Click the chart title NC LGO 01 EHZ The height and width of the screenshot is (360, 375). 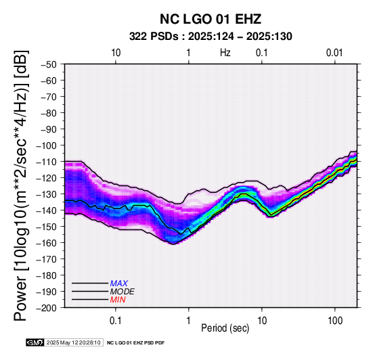211,19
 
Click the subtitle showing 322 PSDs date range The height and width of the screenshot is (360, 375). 211,37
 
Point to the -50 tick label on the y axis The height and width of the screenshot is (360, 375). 49,64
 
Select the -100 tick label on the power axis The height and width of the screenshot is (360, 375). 47,145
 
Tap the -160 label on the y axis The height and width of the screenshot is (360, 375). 47,243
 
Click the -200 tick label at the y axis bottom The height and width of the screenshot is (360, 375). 47,308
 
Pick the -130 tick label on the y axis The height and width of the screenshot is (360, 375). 47,194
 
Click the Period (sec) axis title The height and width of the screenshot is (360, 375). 225,328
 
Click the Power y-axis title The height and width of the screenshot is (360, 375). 21,185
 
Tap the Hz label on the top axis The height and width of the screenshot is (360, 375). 225,53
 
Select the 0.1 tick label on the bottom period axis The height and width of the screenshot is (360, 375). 116,321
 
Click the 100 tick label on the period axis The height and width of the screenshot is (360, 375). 335,321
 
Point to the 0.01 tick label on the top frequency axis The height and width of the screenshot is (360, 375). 334,53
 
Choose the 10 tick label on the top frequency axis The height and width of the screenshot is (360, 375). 116,53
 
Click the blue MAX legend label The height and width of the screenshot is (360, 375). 119,284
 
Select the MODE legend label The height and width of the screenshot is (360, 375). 123,292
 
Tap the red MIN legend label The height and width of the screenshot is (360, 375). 118,300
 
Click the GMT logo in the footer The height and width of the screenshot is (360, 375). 35,342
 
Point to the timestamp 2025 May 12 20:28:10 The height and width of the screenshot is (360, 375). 73,342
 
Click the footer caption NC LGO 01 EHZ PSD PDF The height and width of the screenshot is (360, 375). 136,343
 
